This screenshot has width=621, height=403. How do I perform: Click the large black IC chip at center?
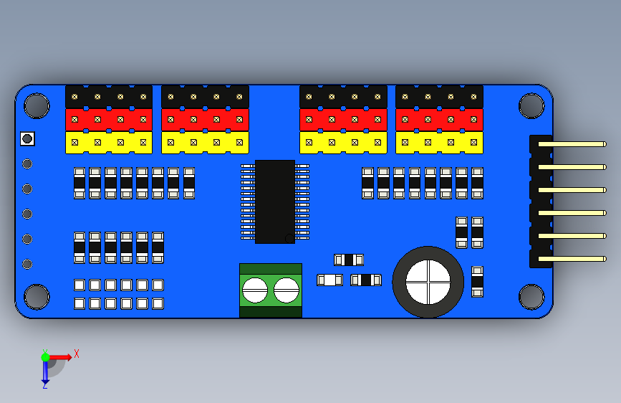(275, 201)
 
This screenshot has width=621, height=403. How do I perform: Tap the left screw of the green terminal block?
(255, 290)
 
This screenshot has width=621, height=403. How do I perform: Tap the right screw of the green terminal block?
(287, 290)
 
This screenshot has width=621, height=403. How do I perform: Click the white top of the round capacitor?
(428, 282)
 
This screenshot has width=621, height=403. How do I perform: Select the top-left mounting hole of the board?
(37, 106)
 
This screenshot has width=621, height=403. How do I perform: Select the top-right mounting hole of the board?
(531, 106)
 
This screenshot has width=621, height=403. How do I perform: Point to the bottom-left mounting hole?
(37, 297)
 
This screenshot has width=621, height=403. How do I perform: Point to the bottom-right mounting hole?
(531, 297)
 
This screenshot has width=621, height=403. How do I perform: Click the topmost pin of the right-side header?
(572, 144)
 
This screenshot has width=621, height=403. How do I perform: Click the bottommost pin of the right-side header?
(572, 259)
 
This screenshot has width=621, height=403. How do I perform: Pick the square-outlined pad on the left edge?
(27, 139)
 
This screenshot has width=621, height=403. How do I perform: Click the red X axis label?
(77, 354)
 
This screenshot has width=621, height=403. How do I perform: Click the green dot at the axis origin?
(45, 357)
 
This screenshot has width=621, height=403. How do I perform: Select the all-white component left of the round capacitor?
(330, 280)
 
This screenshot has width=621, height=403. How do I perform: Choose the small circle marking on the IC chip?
(289, 238)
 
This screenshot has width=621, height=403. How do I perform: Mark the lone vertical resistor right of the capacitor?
(477, 282)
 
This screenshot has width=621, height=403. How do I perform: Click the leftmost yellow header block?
(109, 143)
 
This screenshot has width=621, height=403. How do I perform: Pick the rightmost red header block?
(439, 119)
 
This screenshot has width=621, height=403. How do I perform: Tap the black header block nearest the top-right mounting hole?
(439, 96)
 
